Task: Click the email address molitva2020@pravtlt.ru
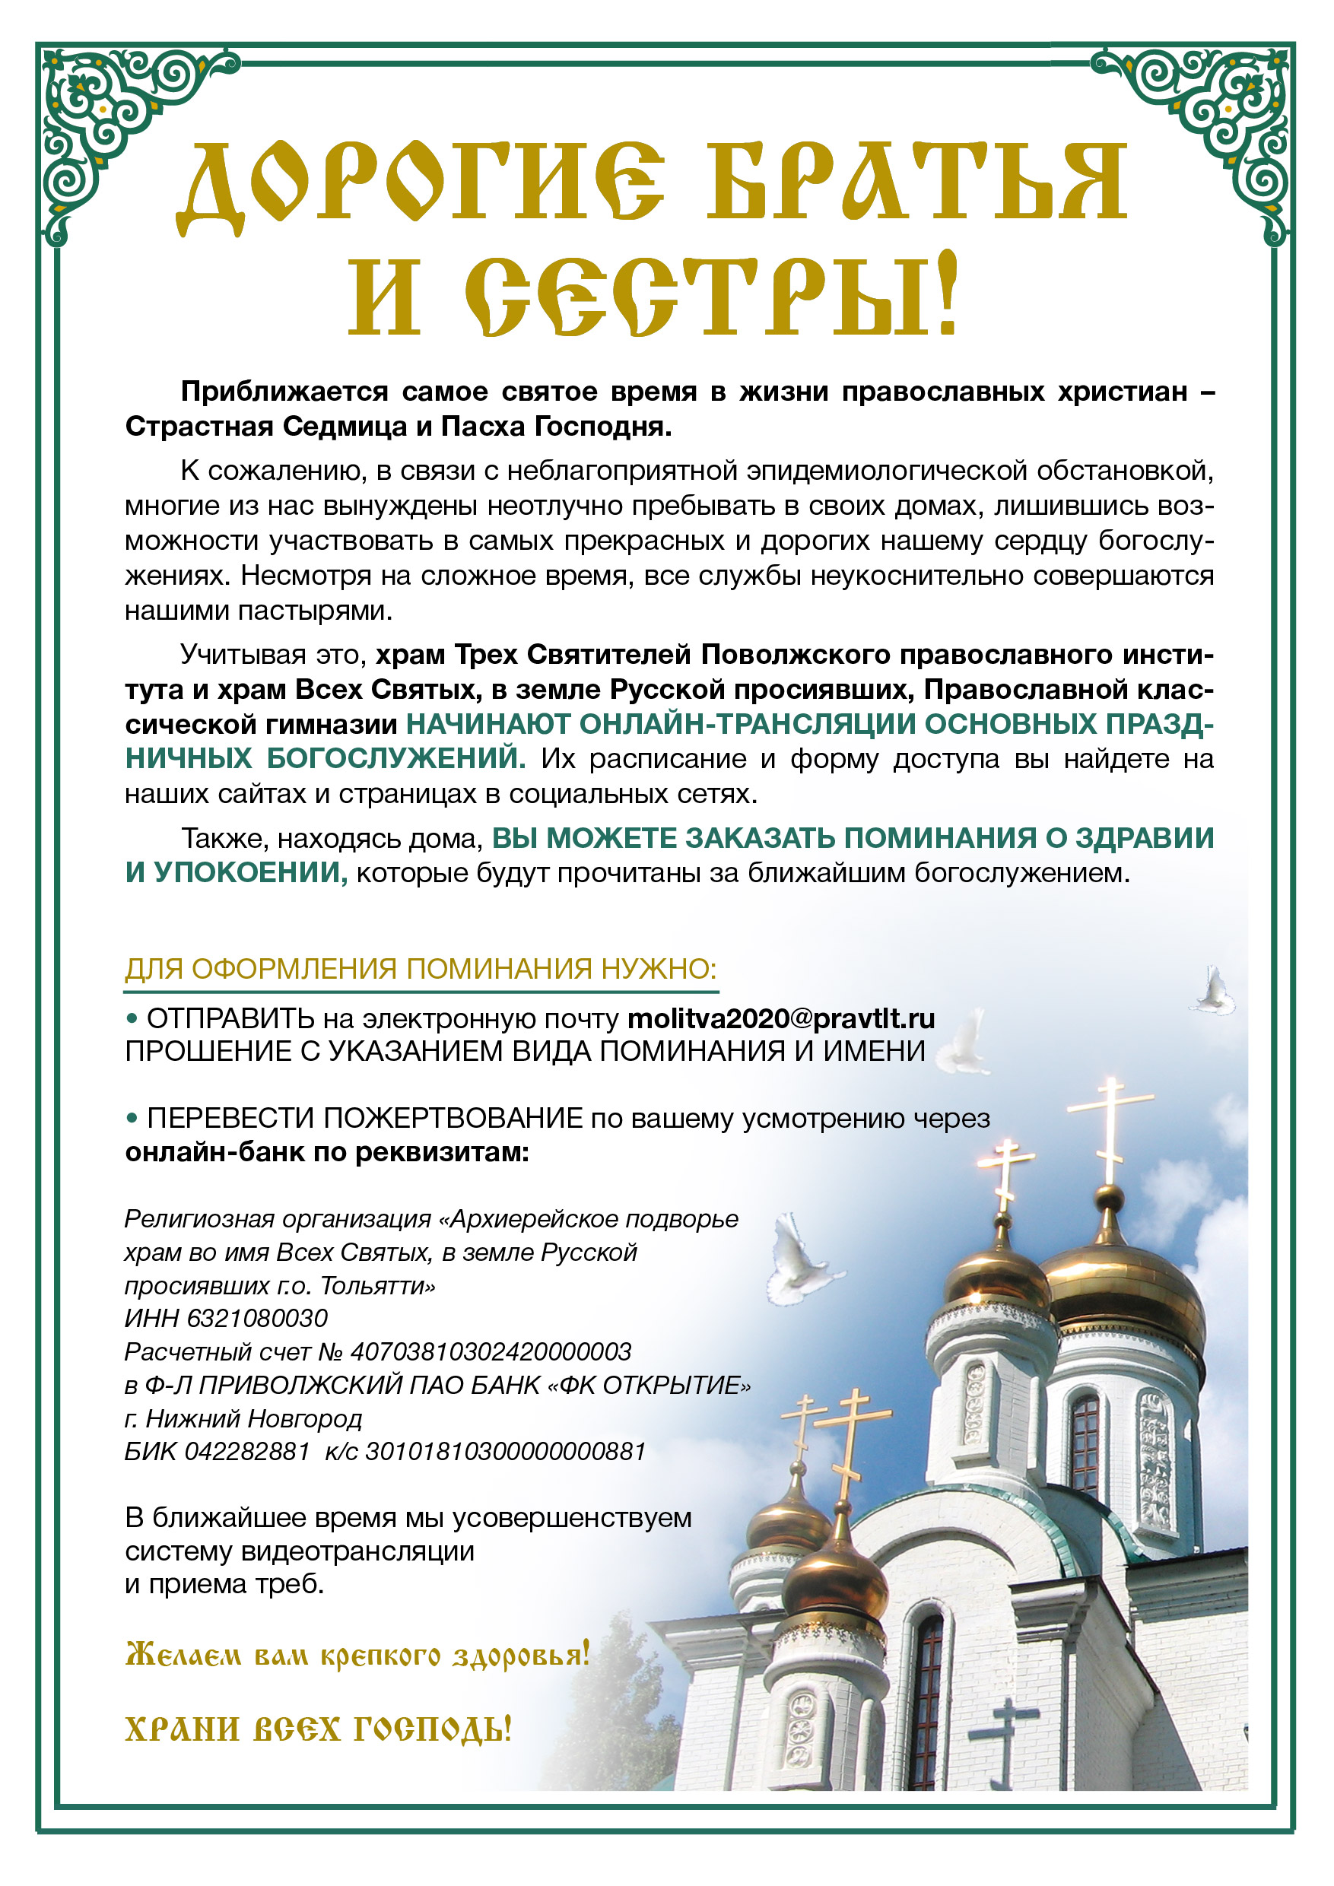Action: (780, 1018)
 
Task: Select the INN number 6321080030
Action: (257, 1319)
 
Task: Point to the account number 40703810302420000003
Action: (491, 1352)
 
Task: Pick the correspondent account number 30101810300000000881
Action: (505, 1453)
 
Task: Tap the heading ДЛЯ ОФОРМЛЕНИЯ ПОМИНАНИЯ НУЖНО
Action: (421, 970)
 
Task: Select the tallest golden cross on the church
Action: (1110, 1129)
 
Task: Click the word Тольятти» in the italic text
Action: (378, 1285)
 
